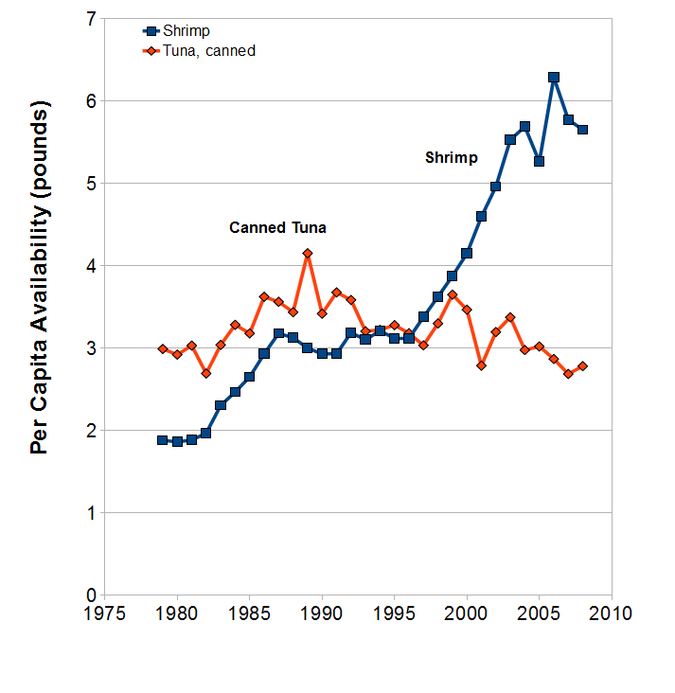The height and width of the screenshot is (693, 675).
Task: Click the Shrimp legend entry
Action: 176,31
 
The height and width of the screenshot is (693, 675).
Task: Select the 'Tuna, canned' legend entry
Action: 199,51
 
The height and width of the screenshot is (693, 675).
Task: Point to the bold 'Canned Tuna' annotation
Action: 277,227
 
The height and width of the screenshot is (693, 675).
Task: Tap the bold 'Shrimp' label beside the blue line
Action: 452,158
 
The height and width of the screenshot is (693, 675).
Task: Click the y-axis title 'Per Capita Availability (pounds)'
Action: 40,277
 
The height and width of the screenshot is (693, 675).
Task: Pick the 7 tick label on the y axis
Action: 92,19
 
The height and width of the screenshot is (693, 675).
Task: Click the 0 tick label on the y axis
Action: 92,595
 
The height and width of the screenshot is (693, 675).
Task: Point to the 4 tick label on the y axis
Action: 92,266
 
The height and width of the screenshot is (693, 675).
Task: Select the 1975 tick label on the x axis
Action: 105,613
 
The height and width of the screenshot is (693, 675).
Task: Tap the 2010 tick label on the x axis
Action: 612,613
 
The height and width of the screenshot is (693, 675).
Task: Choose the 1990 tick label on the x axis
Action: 322,613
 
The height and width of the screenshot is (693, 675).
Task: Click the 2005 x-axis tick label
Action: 539,613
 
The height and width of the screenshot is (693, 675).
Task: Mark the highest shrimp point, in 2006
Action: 554,78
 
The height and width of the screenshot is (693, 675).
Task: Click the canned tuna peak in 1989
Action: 308,253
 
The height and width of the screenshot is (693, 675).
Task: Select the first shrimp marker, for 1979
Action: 163,440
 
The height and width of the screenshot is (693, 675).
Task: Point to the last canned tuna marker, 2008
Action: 582,366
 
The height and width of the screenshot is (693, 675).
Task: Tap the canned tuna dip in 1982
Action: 206,373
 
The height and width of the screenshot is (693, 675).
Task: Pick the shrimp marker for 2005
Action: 539,161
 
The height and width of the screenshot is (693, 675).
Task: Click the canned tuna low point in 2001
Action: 481,365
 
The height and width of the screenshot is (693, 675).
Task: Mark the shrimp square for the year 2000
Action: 467,253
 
